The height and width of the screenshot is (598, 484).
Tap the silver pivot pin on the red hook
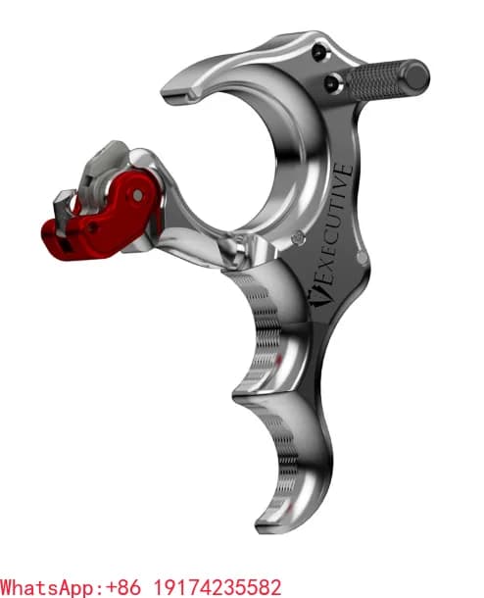[138, 195]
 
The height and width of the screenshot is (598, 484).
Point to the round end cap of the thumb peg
[417, 75]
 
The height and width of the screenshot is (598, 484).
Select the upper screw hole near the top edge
[318, 53]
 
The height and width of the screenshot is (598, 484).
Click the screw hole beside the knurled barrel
[333, 83]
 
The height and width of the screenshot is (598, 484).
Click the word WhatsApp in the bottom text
[48, 587]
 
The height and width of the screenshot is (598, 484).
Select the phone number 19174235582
[218, 586]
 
